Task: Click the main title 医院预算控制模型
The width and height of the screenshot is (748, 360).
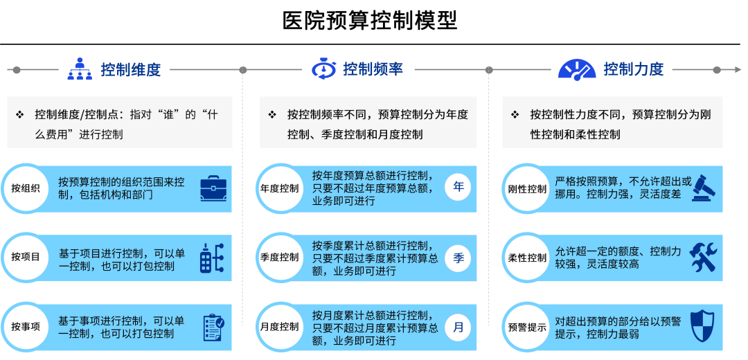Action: tap(370, 20)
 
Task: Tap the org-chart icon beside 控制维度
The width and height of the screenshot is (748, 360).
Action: tap(80, 69)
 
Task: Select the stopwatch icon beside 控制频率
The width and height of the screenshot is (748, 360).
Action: tap(323, 69)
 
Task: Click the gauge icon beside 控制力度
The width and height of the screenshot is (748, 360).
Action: tap(577, 69)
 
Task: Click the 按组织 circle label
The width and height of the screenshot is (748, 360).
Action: tap(26, 188)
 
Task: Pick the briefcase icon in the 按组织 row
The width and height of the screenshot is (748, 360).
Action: tap(213, 188)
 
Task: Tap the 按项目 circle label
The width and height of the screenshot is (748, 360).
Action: tap(26, 257)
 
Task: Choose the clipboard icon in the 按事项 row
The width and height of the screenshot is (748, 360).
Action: tap(213, 327)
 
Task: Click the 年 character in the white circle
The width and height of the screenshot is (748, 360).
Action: tap(458, 187)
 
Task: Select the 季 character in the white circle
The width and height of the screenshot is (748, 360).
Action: tap(458, 258)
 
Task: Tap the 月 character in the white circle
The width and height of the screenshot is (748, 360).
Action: tap(458, 327)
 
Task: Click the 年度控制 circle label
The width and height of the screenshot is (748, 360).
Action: tap(280, 188)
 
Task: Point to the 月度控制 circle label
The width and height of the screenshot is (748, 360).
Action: tap(280, 327)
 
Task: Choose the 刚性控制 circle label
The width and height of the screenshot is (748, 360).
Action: tap(527, 188)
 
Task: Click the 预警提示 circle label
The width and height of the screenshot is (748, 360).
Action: tap(527, 327)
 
